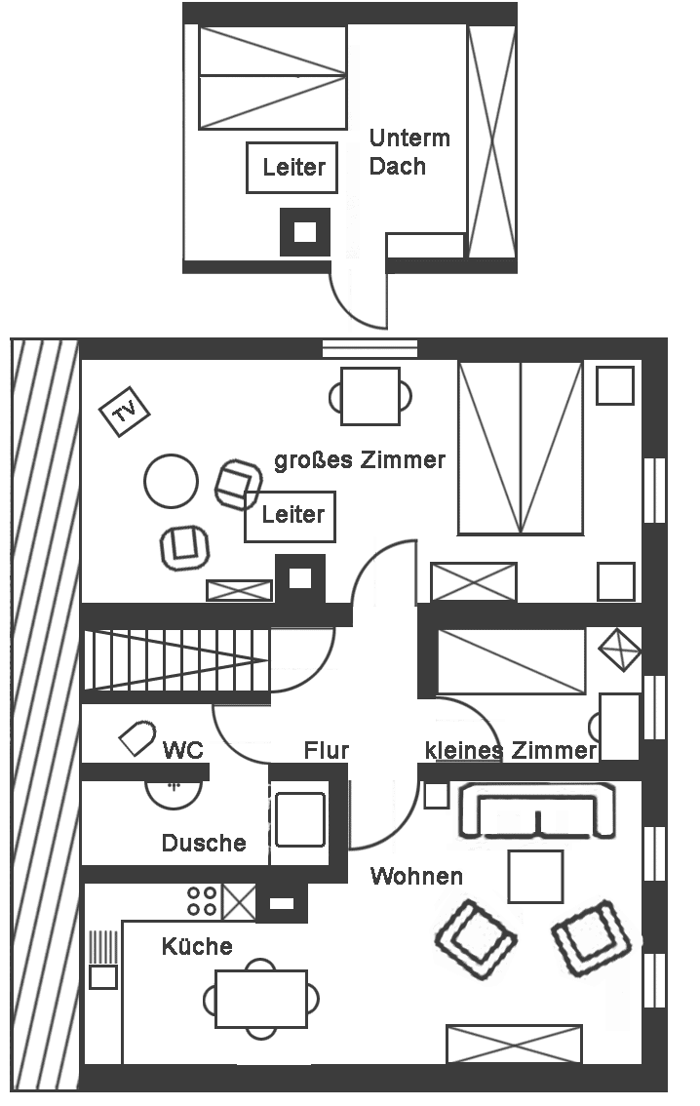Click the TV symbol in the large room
124,412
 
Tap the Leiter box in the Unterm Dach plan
292,168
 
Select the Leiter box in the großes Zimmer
290,516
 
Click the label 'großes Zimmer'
360,460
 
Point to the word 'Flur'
327,751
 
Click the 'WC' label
182,750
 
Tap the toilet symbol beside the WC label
137,737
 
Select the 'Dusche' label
204,843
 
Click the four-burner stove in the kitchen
203,901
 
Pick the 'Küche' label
197,946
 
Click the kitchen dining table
261,999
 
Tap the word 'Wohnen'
416,876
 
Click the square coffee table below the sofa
536,877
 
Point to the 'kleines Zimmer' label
511,751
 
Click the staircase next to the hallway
176,661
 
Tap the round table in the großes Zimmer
171,481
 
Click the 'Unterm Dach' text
409,151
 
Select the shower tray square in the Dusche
300,819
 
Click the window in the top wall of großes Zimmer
370,349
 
